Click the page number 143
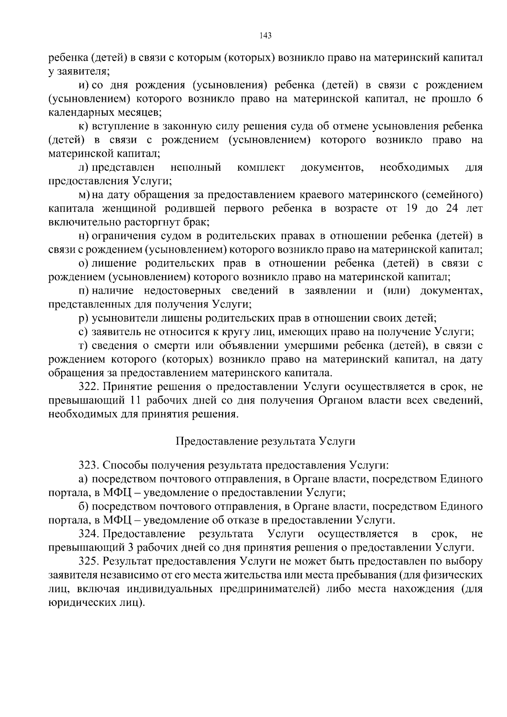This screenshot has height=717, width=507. (x=265, y=35)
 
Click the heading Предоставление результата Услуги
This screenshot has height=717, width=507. (x=265, y=442)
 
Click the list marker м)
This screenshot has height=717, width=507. (x=84, y=195)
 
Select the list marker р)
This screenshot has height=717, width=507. (x=83, y=318)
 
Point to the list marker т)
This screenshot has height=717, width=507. (x=83, y=346)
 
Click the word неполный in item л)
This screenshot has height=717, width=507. (x=196, y=168)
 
